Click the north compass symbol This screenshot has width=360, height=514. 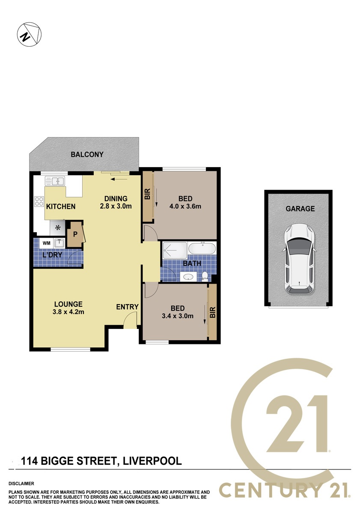pos(29,34)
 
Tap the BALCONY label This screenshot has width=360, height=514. pos(87,155)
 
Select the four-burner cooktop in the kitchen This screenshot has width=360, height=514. pos(39,201)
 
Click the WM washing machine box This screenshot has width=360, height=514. pos(46,243)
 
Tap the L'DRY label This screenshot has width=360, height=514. pos(53,255)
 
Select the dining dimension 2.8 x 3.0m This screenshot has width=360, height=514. pos(116,206)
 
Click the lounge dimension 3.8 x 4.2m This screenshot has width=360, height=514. pos(68,312)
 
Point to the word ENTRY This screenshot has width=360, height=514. pos(127,307)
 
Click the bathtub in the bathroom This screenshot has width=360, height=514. pos(202,248)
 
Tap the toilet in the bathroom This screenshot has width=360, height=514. pos(205,276)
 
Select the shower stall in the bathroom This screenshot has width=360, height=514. pos(175,250)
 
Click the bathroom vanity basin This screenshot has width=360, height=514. pos(188,277)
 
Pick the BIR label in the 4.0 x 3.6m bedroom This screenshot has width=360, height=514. pos(148,194)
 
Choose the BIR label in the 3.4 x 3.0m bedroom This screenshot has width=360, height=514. pos(213,312)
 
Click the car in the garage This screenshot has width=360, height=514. pos(299,260)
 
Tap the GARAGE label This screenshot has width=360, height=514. pos(300,209)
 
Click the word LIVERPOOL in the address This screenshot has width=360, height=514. pos(152,461)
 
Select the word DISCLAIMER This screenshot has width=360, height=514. pos(21,484)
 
